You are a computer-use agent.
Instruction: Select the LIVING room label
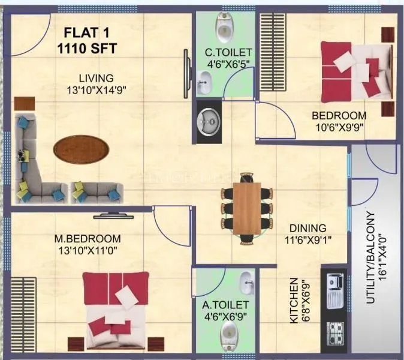[97, 78]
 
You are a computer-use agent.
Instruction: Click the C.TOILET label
[228, 53]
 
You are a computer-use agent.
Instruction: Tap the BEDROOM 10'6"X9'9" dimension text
[339, 127]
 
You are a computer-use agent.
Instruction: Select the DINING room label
[307, 228]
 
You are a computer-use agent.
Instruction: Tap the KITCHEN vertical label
[294, 300]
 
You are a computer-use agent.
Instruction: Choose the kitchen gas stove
[334, 332]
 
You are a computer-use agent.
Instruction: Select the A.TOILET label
[225, 304]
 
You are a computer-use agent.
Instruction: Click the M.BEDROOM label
[88, 238]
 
